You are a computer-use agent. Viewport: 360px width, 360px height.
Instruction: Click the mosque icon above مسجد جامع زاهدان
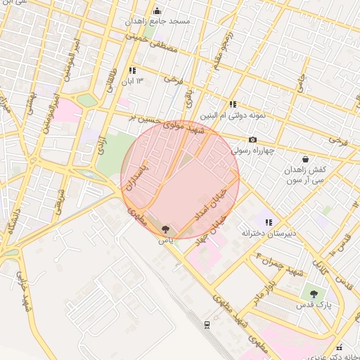tap(157, 11)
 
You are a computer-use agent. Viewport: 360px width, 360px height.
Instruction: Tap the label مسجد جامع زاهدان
tap(157, 22)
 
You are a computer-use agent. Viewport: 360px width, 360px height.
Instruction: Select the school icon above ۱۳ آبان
tap(132, 70)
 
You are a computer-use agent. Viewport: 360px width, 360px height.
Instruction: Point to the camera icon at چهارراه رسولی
tap(252, 139)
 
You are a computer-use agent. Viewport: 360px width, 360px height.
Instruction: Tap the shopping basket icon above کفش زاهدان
tap(305, 160)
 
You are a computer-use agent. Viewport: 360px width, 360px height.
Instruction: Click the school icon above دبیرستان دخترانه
tap(269, 221)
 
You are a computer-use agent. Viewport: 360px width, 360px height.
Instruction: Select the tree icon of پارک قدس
tap(313, 294)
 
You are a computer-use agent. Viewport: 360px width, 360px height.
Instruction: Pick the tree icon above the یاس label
tap(165, 229)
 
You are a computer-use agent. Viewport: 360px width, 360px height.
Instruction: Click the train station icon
tap(207, 324)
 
